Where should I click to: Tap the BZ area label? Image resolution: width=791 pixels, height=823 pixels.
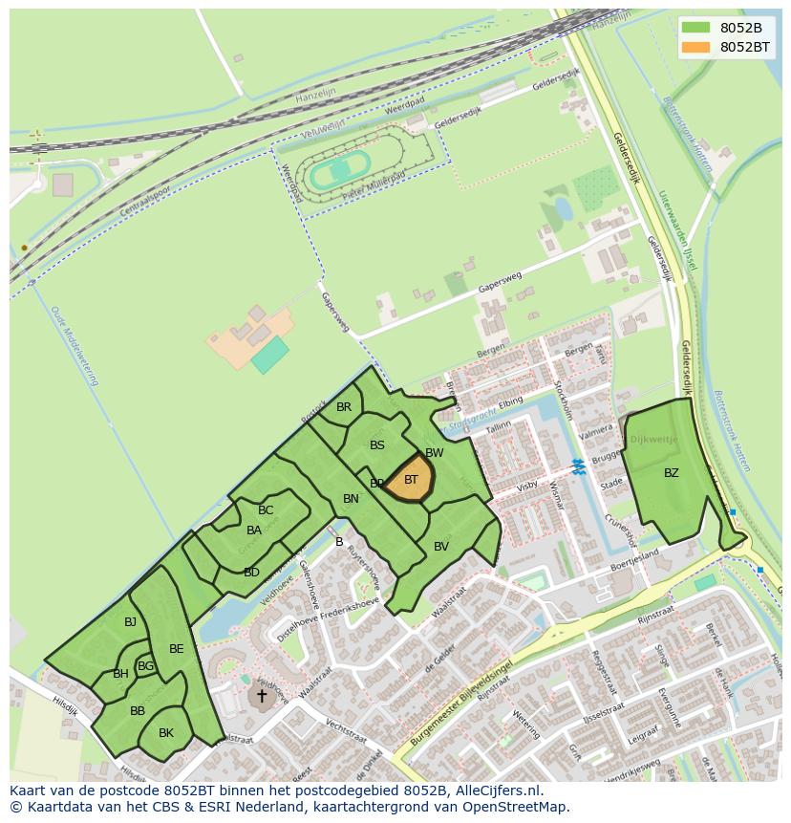tap(672, 472)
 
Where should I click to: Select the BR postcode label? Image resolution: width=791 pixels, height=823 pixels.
tap(344, 407)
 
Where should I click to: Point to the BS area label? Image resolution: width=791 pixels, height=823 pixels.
tap(377, 445)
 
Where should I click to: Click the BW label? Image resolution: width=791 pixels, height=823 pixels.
tap(435, 453)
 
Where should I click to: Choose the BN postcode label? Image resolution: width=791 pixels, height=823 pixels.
tap(351, 499)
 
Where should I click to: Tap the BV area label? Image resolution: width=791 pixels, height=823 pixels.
tap(441, 547)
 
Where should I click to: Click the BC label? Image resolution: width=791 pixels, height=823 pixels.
tap(266, 510)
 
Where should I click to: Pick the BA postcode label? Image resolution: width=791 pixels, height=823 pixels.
tap(254, 531)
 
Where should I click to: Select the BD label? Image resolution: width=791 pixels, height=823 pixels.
tap(251, 573)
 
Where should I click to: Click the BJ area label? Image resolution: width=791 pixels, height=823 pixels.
tap(130, 622)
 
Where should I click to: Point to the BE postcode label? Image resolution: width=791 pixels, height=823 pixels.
tap(176, 649)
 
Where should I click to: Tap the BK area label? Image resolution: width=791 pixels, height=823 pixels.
tap(166, 733)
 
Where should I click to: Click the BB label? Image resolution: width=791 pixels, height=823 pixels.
tap(138, 711)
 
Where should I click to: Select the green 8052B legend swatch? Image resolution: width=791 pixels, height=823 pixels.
tap(696, 28)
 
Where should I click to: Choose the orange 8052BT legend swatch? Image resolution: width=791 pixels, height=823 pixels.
tap(696, 47)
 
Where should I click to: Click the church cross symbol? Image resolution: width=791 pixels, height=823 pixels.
tap(261, 697)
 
